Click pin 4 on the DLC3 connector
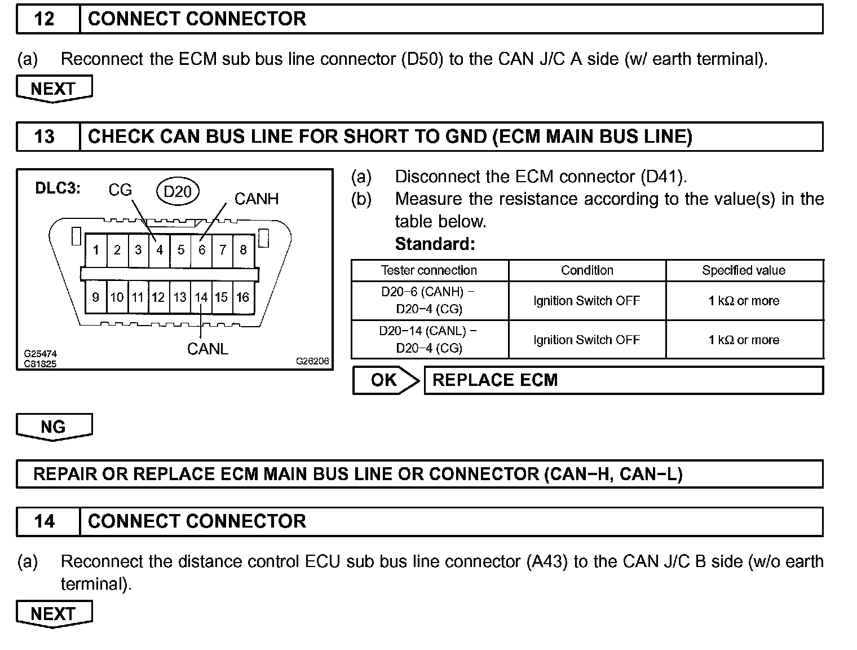pos(160,250)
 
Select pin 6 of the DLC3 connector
pos(202,250)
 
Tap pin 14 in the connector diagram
pos(201,297)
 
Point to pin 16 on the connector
pos(243,297)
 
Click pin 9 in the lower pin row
pos(95,297)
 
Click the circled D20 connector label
pos(178,192)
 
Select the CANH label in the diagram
pos(256,199)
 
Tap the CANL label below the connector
pos(207,349)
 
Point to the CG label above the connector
pos(120,190)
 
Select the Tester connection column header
pos(429,270)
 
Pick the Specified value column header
pos(744,270)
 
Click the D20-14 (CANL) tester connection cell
pos(429,339)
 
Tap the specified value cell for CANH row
pos(744,301)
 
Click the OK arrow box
pos(386,380)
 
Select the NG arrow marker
pos(54,427)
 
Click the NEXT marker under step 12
pos(54,89)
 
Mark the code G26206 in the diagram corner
pos(312,361)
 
